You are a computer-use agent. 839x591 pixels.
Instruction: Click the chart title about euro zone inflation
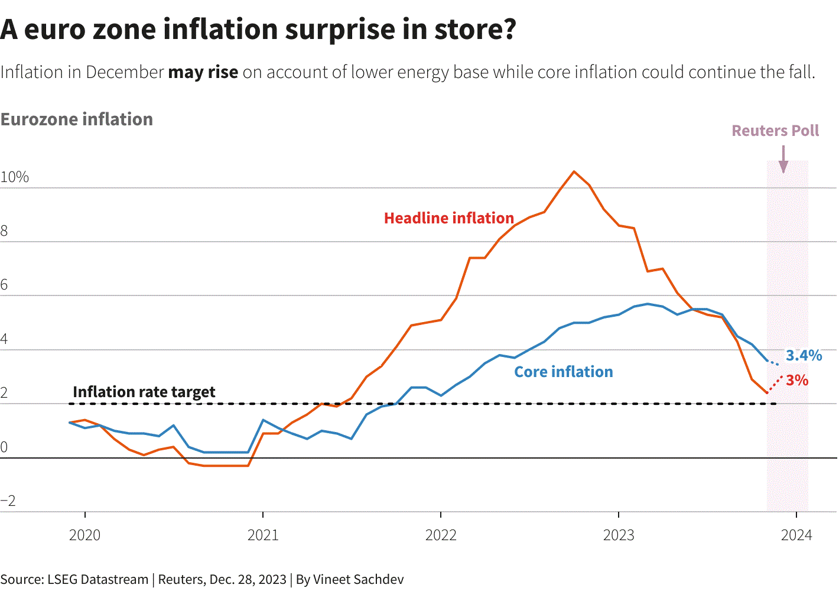pos(258,30)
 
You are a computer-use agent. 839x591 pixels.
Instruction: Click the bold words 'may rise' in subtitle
pos(203,72)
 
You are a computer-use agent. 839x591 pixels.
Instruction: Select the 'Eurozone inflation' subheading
pos(77,119)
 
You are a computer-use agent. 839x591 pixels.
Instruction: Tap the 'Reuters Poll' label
pos(775,131)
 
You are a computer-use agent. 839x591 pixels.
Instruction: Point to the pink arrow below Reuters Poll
pos(783,160)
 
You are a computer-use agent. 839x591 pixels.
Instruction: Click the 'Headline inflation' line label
pos(449,218)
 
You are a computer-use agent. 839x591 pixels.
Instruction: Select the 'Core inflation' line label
pos(563,372)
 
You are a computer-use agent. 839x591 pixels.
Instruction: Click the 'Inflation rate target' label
pos(144,392)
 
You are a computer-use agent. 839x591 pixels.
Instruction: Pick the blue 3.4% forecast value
pos(804,355)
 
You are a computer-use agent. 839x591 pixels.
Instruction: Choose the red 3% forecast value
pos(797,380)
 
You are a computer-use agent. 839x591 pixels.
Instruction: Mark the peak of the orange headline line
pos(574,171)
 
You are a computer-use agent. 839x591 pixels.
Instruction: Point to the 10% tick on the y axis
pos(15,177)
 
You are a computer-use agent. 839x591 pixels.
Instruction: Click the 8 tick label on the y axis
pos(5,231)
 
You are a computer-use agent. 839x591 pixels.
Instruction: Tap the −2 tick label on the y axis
pos(8,501)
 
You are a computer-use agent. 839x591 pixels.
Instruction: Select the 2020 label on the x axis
pos(84,535)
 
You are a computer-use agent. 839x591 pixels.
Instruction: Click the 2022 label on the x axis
pos(441,535)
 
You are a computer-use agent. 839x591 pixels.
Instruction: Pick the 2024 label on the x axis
pos(796,535)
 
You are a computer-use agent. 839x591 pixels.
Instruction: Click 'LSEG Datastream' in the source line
pos(97,579)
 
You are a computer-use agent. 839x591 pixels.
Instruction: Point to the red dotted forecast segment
pos(775,384)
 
